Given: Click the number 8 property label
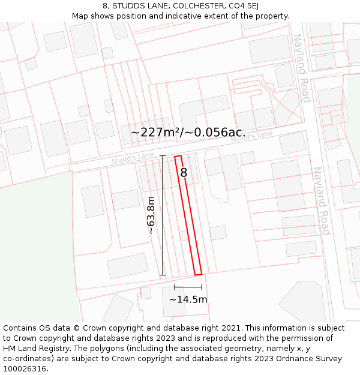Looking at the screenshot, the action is click(184, 173).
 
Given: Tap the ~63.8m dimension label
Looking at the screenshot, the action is click(151, 215).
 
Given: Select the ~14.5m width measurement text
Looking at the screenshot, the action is click(188, 299).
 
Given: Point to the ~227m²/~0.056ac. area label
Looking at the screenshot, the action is click(187, 132).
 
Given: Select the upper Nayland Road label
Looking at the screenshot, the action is click(301, 68).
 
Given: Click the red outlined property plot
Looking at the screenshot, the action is click(188, 216).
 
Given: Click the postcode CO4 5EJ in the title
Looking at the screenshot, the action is click(244, 6).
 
